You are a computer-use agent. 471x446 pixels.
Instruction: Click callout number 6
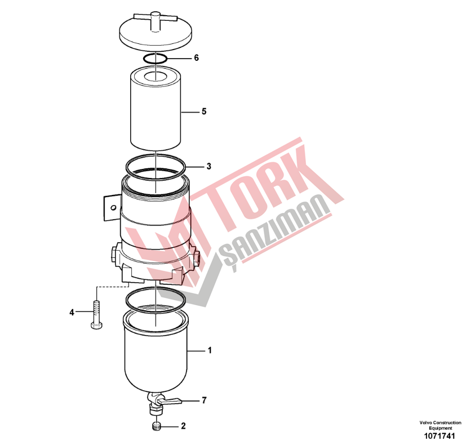196,57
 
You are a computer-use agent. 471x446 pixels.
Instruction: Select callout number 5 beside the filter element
204,111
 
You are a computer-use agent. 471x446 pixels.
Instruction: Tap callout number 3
209,166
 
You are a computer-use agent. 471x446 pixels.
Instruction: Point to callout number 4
72,313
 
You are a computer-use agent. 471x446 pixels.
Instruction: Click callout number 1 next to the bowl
210,350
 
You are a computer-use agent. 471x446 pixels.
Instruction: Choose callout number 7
204,400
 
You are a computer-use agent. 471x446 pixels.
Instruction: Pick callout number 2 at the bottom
183,426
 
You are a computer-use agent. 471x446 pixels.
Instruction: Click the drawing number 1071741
439,436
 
